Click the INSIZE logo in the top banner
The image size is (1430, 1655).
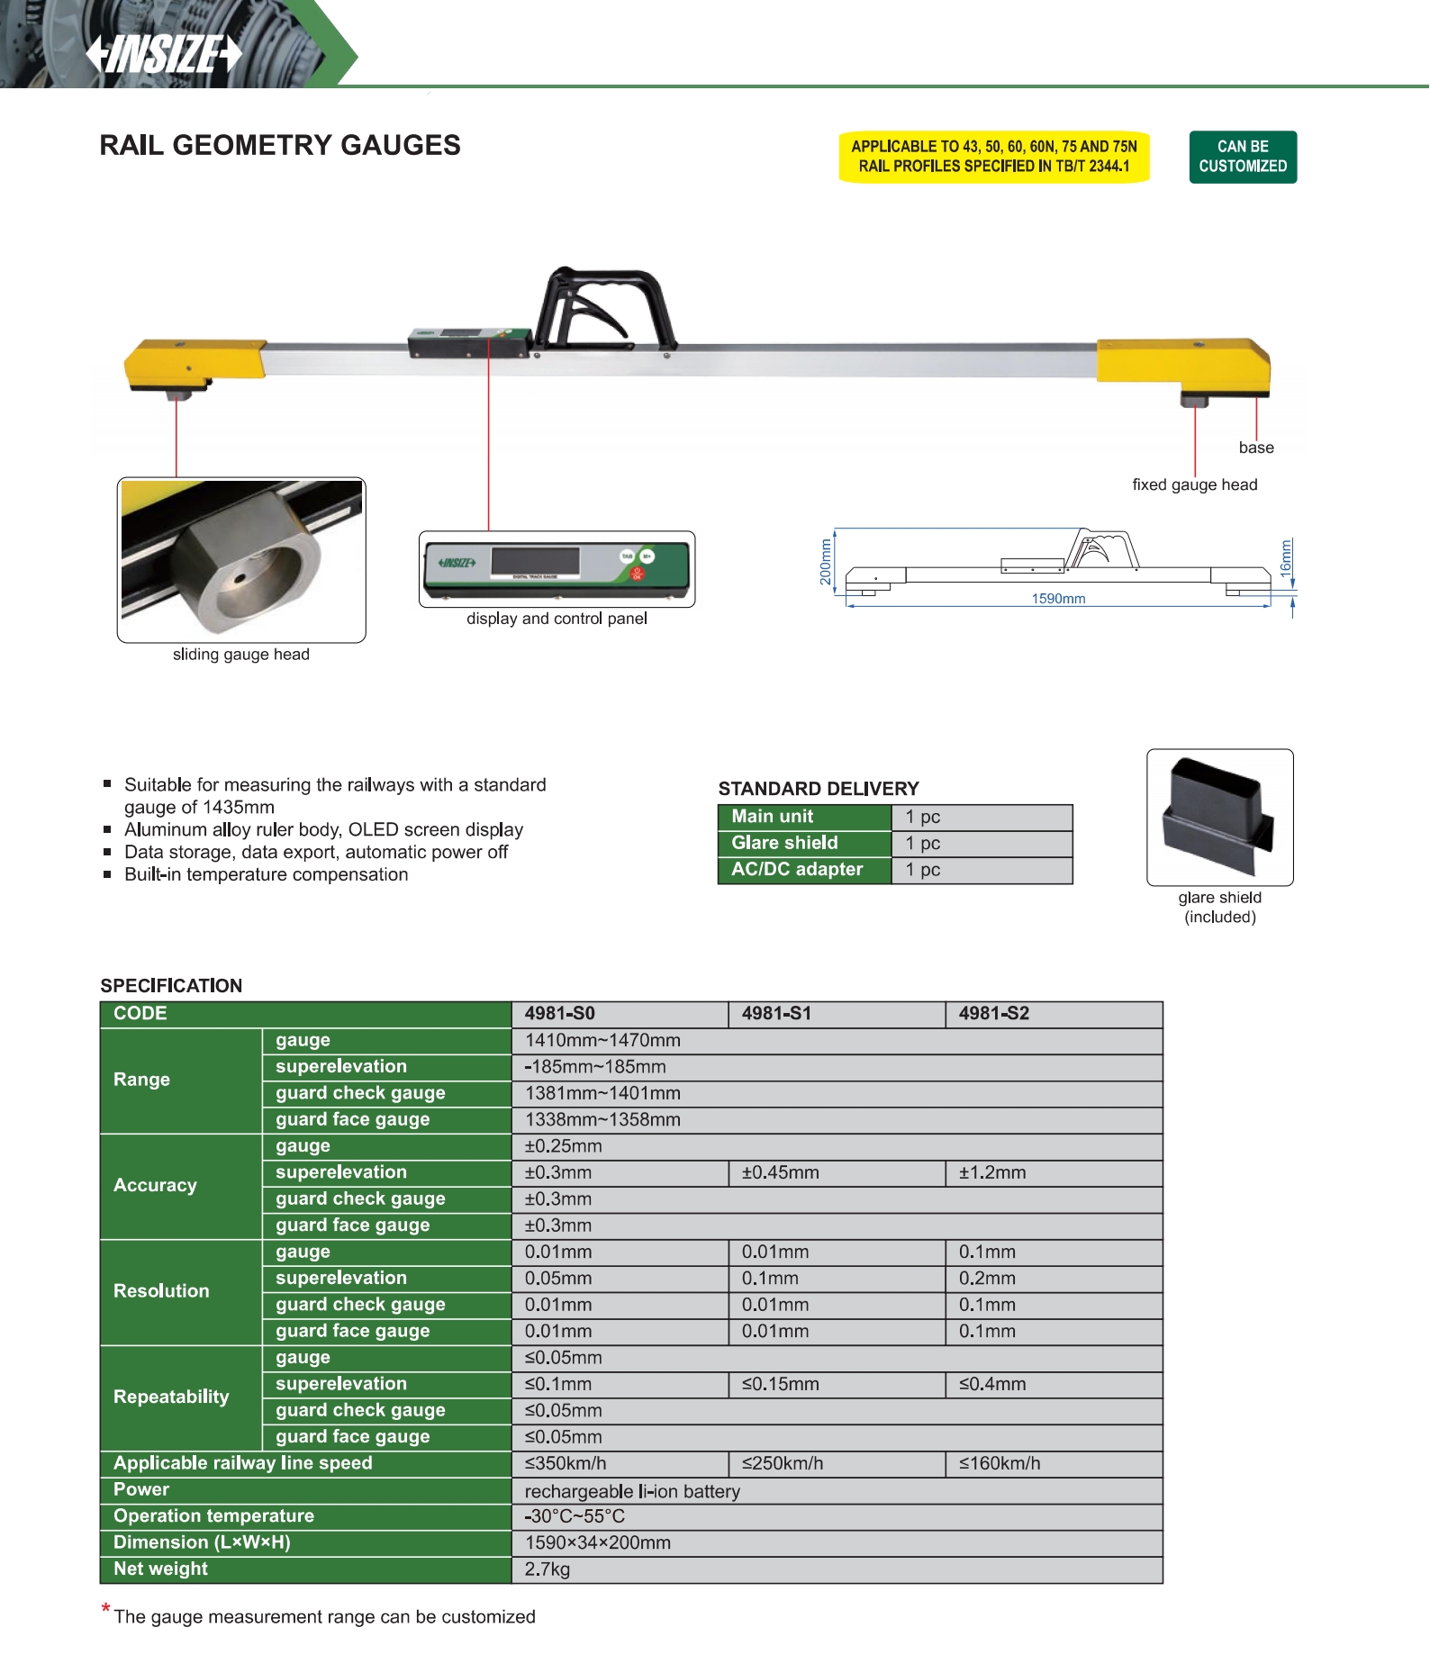point(164,53)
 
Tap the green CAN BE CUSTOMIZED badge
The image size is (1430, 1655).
point(1243,157)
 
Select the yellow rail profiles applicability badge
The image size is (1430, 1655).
point(994,157)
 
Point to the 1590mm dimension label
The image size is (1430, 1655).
point(1058,599)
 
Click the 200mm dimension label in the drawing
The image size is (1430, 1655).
point(826,562)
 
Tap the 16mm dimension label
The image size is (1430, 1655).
point(1286,558)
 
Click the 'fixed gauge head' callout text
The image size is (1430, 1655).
point(1194,484)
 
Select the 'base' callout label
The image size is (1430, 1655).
point(1256,448)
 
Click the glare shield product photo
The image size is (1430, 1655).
point(1219,817)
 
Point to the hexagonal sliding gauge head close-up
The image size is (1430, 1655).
point(241,559)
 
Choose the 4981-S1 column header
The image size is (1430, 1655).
point(776,1014)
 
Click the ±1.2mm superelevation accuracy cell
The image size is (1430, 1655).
point(992,1172)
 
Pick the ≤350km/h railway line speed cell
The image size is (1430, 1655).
point(566,1463)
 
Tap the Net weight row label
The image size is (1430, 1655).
point(160,1569)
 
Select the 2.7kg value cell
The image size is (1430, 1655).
point(548,1569)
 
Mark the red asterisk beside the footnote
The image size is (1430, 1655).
point(106,1608)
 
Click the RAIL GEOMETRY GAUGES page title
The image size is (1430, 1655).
point(280,145)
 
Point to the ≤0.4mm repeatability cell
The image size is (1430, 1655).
point(992,1384)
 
